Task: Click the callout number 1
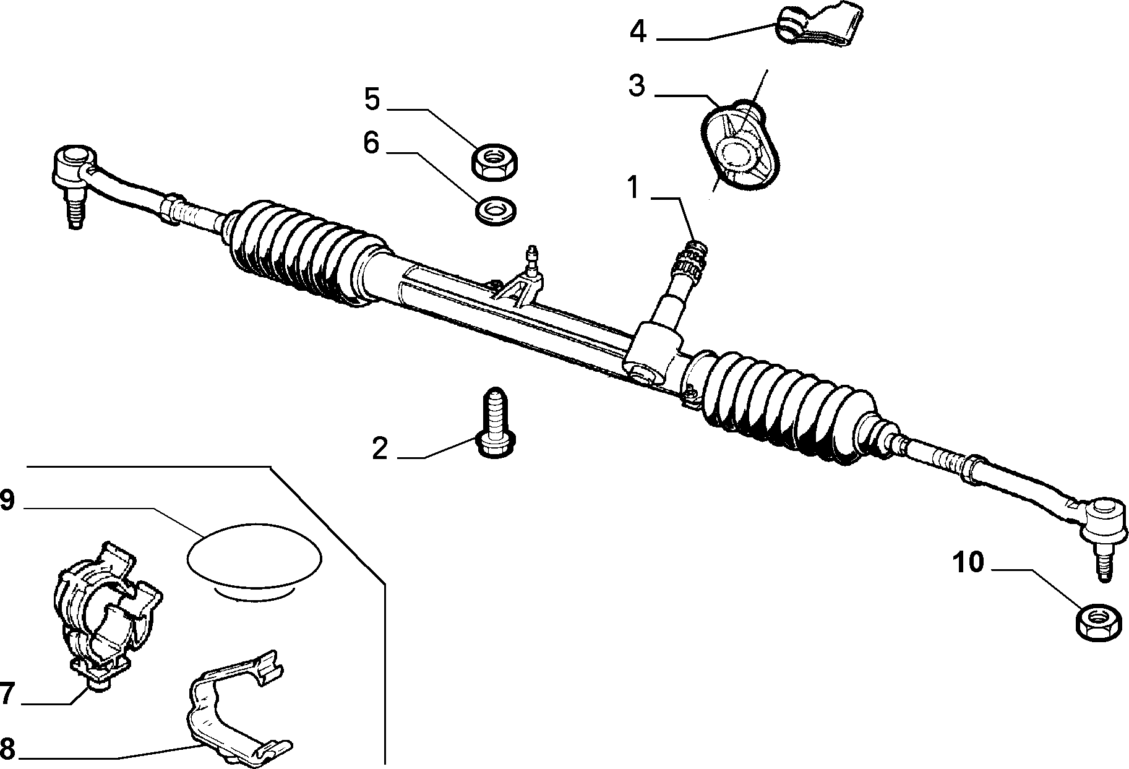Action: pos(633,187)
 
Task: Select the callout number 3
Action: pos(637,86)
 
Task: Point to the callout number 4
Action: pos(638,31)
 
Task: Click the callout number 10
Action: pos(968,563)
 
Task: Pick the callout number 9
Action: pos(6,500)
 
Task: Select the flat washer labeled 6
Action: pos(496,210)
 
